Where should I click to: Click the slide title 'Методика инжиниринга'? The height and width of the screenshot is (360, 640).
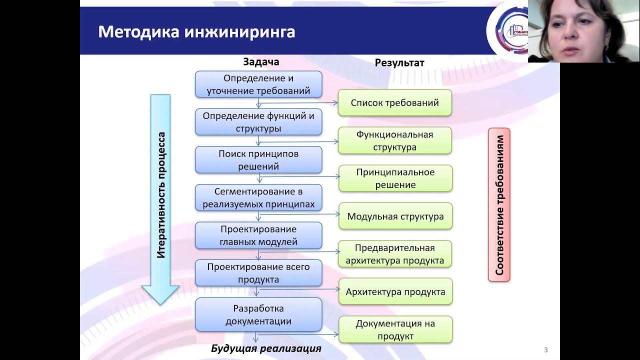click(196, 31)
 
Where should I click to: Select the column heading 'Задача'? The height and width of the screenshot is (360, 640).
click(261, 61)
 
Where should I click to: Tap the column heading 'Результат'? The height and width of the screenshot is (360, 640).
click(399, 62)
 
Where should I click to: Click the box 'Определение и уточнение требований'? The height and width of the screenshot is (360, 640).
click(258, 84)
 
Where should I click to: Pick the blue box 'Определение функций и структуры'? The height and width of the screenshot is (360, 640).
click(258, 122)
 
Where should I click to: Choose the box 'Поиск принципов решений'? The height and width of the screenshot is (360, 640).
click(258, 160)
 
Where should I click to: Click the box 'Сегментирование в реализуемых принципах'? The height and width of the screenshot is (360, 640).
click(258, 198)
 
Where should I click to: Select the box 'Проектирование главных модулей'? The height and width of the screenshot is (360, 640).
click(258, 235)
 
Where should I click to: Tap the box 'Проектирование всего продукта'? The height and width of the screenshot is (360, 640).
click(258, 273)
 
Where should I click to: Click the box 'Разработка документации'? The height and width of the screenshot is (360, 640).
click(258, 314)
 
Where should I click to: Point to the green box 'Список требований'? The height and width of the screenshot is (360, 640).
click(395, 103)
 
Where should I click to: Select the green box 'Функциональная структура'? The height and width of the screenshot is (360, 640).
click(395, 140)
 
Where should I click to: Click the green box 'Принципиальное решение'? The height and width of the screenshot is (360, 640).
click(395, 178)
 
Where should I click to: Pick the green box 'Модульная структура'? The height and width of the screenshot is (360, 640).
click(395, 216)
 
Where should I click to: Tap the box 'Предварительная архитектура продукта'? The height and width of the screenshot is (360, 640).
click(395, 254)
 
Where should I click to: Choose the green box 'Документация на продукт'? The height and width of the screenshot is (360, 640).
click(395, 329)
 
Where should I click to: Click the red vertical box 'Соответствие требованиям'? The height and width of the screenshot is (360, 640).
click(499, 204)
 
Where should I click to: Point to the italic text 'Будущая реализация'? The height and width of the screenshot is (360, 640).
click(266, 348)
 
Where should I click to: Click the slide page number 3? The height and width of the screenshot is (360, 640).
click(546, 350)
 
